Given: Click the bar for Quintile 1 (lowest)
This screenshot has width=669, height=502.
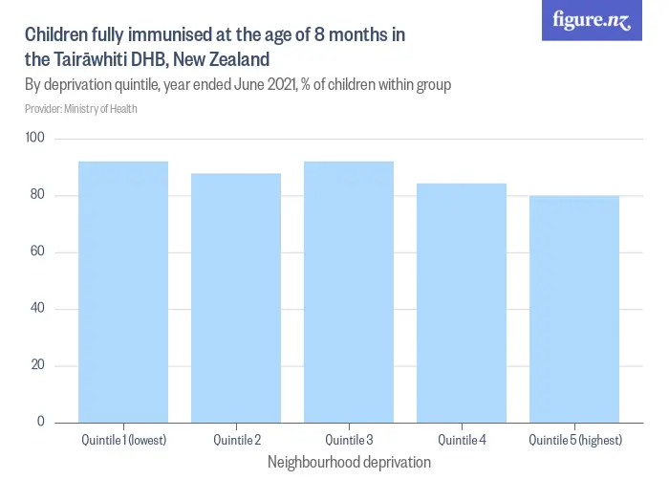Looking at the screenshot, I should [x=123, y=292].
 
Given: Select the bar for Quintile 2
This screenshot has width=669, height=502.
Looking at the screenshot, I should [x=236, y=297].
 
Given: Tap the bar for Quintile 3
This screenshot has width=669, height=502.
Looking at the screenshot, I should [x=349, y=292].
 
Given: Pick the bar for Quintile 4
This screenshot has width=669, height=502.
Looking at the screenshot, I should [x=462, y=302].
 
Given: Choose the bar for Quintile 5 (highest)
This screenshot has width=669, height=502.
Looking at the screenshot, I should [x=574, y=309].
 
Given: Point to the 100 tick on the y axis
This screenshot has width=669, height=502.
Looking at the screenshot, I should [x=36, y=140].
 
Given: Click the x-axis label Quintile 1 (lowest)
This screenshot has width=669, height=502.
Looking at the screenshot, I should [x=123, y=441].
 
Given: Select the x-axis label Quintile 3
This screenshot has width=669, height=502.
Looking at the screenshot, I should [x=349, y=441].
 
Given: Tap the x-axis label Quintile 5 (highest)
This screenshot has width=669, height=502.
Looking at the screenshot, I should [x=574, y=441].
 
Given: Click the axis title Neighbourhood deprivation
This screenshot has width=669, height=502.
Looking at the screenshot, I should [x=349, y=463].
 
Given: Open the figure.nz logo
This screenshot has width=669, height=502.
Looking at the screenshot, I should [x=592, y=21].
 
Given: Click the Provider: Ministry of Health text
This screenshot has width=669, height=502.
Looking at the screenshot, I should [x=81, y=109].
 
